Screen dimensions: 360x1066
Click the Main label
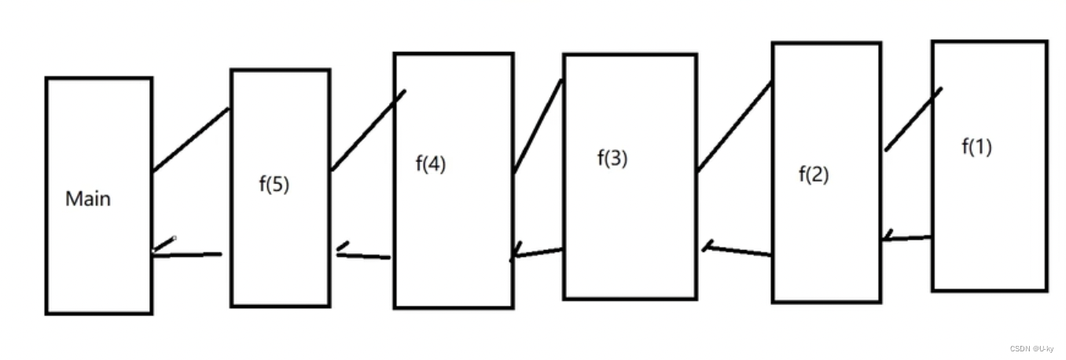point(88,199)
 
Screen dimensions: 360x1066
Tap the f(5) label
point(274,186)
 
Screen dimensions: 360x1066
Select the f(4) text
point(430,164)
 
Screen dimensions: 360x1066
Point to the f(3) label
point(612,158)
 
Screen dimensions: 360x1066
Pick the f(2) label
point(814,174)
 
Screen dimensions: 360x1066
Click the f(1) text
point(976,146)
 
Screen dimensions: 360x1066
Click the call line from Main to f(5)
point(190,140)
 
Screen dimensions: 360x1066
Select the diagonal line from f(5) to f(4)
point(368,130)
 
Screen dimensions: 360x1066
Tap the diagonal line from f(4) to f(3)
point(538,127)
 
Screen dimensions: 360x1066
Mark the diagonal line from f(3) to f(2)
point(734,127)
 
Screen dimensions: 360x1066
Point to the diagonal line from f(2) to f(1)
point(913,119)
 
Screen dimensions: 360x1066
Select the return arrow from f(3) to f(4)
point(538,253)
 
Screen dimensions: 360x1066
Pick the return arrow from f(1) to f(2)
point(907,237)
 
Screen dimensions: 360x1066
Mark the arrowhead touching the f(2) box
point(887,237)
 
